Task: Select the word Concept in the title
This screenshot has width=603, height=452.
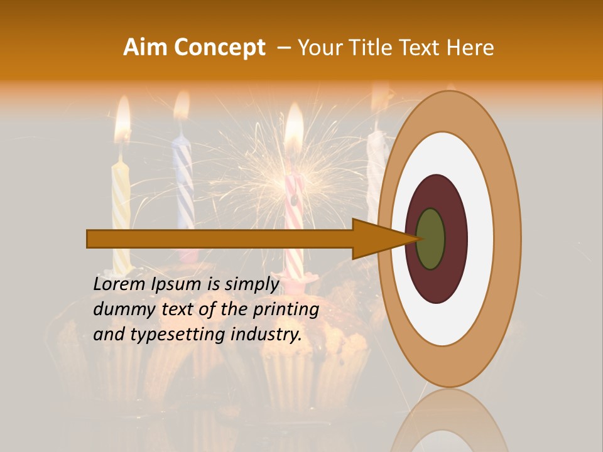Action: point(219,48)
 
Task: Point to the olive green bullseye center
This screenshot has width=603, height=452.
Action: point(430,239)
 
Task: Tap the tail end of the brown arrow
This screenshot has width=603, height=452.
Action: point(89,239)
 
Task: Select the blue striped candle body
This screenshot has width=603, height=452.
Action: point(184,182)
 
